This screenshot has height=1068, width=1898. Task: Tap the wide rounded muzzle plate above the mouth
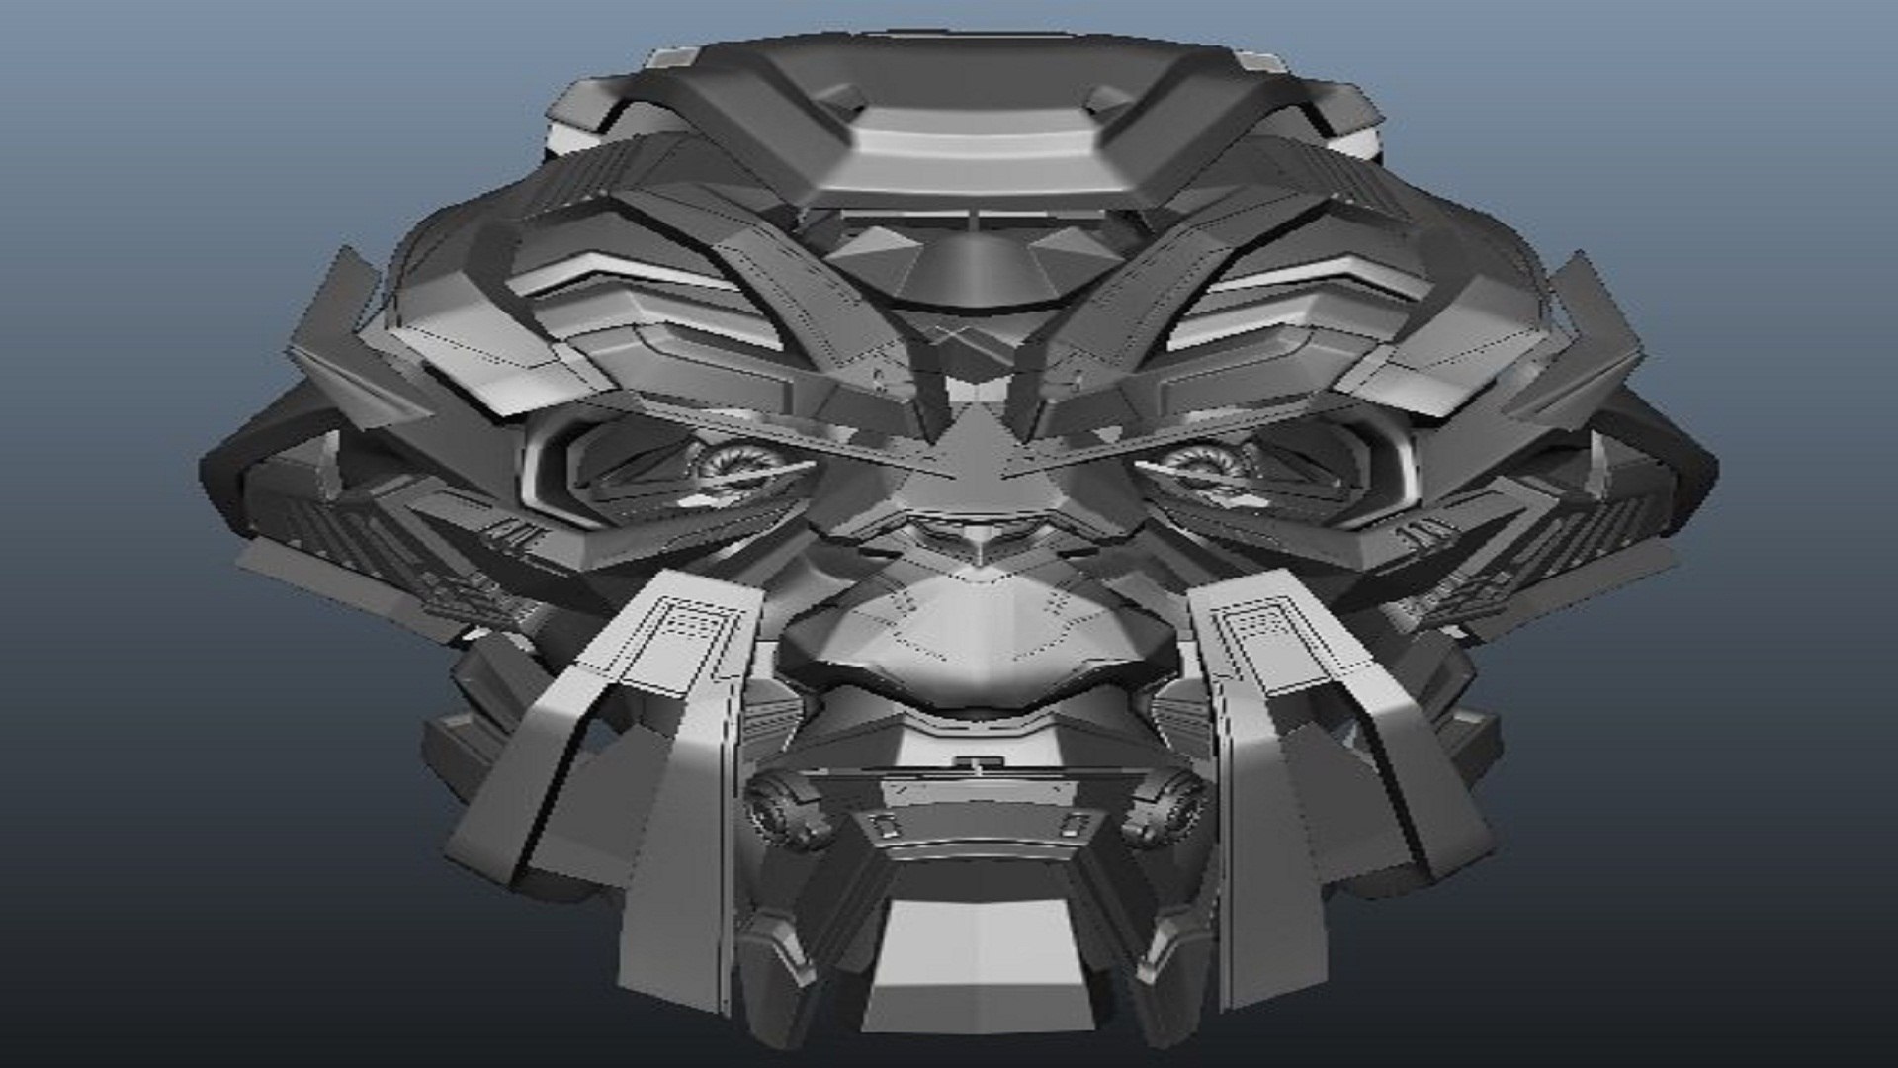(x=974, y=643)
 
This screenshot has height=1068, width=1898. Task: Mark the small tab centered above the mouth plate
(x=975, y=762)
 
